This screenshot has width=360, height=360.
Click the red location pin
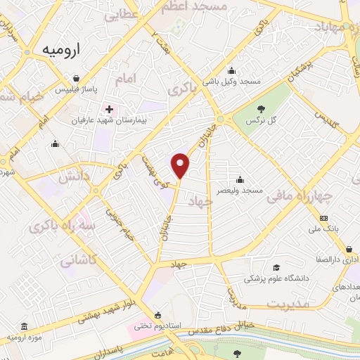coord(181,165)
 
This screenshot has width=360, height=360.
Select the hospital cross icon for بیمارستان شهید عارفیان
coord(108,110)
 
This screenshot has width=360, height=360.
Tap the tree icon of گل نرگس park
coord(262,109)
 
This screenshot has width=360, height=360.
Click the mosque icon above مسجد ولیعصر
coord(240,179)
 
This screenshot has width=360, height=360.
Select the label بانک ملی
coord(323,229)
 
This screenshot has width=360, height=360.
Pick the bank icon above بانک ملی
coord(323,218)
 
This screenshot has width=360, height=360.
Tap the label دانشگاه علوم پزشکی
coord(277,279)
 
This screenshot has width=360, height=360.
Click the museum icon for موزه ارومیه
coord(25,328)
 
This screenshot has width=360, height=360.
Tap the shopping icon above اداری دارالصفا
coord(349,248)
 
